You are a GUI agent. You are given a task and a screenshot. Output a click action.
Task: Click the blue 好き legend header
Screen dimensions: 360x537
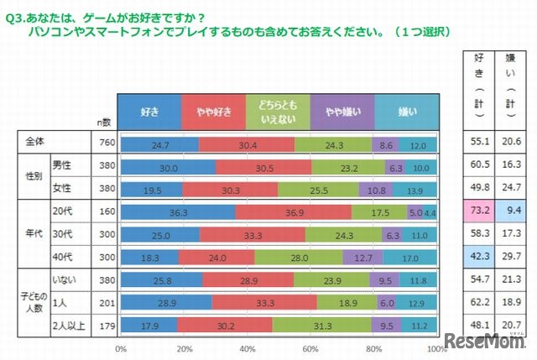[151, 111]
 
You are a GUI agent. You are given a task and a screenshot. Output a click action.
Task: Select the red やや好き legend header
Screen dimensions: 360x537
[214, 111]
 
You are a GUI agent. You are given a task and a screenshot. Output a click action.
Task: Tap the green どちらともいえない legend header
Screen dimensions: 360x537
[278, 111]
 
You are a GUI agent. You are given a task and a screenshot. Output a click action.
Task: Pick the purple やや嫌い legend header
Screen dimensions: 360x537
[341, 111]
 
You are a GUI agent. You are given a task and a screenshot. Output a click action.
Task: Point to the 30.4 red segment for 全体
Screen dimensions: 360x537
[247, 144]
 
